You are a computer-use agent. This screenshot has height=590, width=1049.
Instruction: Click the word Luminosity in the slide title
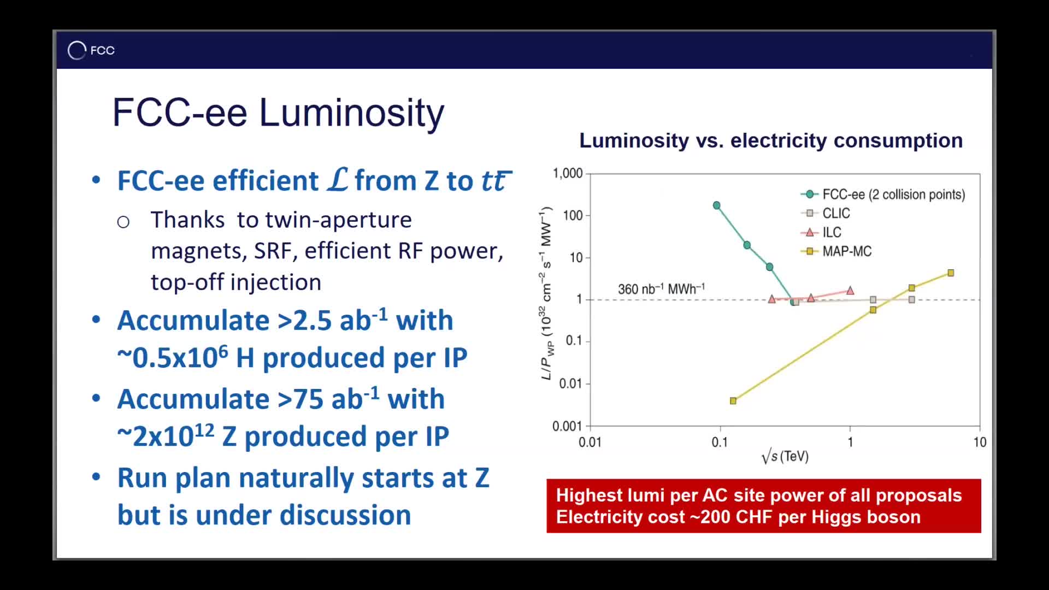tap(351, 113)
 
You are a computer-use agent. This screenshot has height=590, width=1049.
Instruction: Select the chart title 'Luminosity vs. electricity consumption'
tap(771, 140)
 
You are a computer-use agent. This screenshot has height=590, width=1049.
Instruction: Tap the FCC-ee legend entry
tap(883, 194)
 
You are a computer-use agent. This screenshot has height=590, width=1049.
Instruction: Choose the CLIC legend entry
tap(826, 213)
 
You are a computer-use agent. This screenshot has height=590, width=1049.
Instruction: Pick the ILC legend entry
tap(821, 232)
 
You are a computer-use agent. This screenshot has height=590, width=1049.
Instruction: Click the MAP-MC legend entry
tap(836, 251)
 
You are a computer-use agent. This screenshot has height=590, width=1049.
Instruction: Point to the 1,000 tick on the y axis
tap(568, 174)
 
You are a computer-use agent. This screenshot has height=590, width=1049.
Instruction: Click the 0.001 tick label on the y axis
tap(568, 426)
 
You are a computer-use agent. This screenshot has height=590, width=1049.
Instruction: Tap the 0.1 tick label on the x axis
tap(720, 442)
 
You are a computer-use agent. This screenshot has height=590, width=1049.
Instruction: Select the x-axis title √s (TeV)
tap(785, 456)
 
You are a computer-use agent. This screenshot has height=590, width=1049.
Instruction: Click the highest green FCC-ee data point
tap(717, 205)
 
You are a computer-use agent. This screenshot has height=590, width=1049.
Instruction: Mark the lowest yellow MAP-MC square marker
tap(733, 401)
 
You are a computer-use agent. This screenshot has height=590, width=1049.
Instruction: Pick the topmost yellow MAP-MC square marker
tap(951, 273)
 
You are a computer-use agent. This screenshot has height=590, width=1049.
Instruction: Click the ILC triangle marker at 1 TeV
tap(850, 291)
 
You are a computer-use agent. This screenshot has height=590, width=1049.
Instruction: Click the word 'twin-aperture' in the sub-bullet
tap(339, 220)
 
